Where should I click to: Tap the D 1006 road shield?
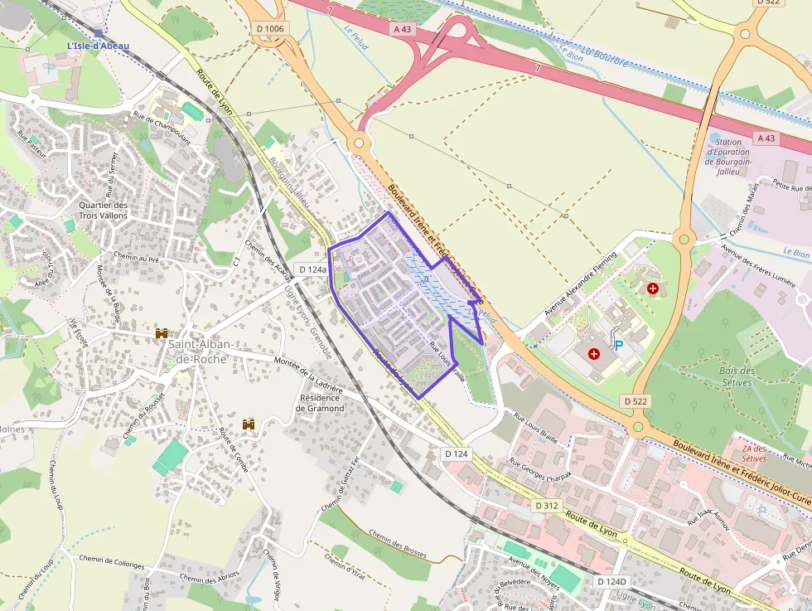pyautogui.click(x=270, y=29)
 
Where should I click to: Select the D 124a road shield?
pyautogui.click(x=312, y=269)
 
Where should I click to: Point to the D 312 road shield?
pyautogui.click(x=547, y=505)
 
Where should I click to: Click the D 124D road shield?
pyautogui.click(x=611, y=582)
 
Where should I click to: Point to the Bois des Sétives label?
pyautogui.click(x=736, y=377)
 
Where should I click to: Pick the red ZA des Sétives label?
pyautogui.click(x=753, y=453)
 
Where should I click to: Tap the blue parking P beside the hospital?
pyautogui.click(x=617, y=344)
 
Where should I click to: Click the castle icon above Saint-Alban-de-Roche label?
pyautogui.click(x=162, y=332)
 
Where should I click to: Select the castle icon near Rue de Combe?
pyautogui.click(x=248, y=424)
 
